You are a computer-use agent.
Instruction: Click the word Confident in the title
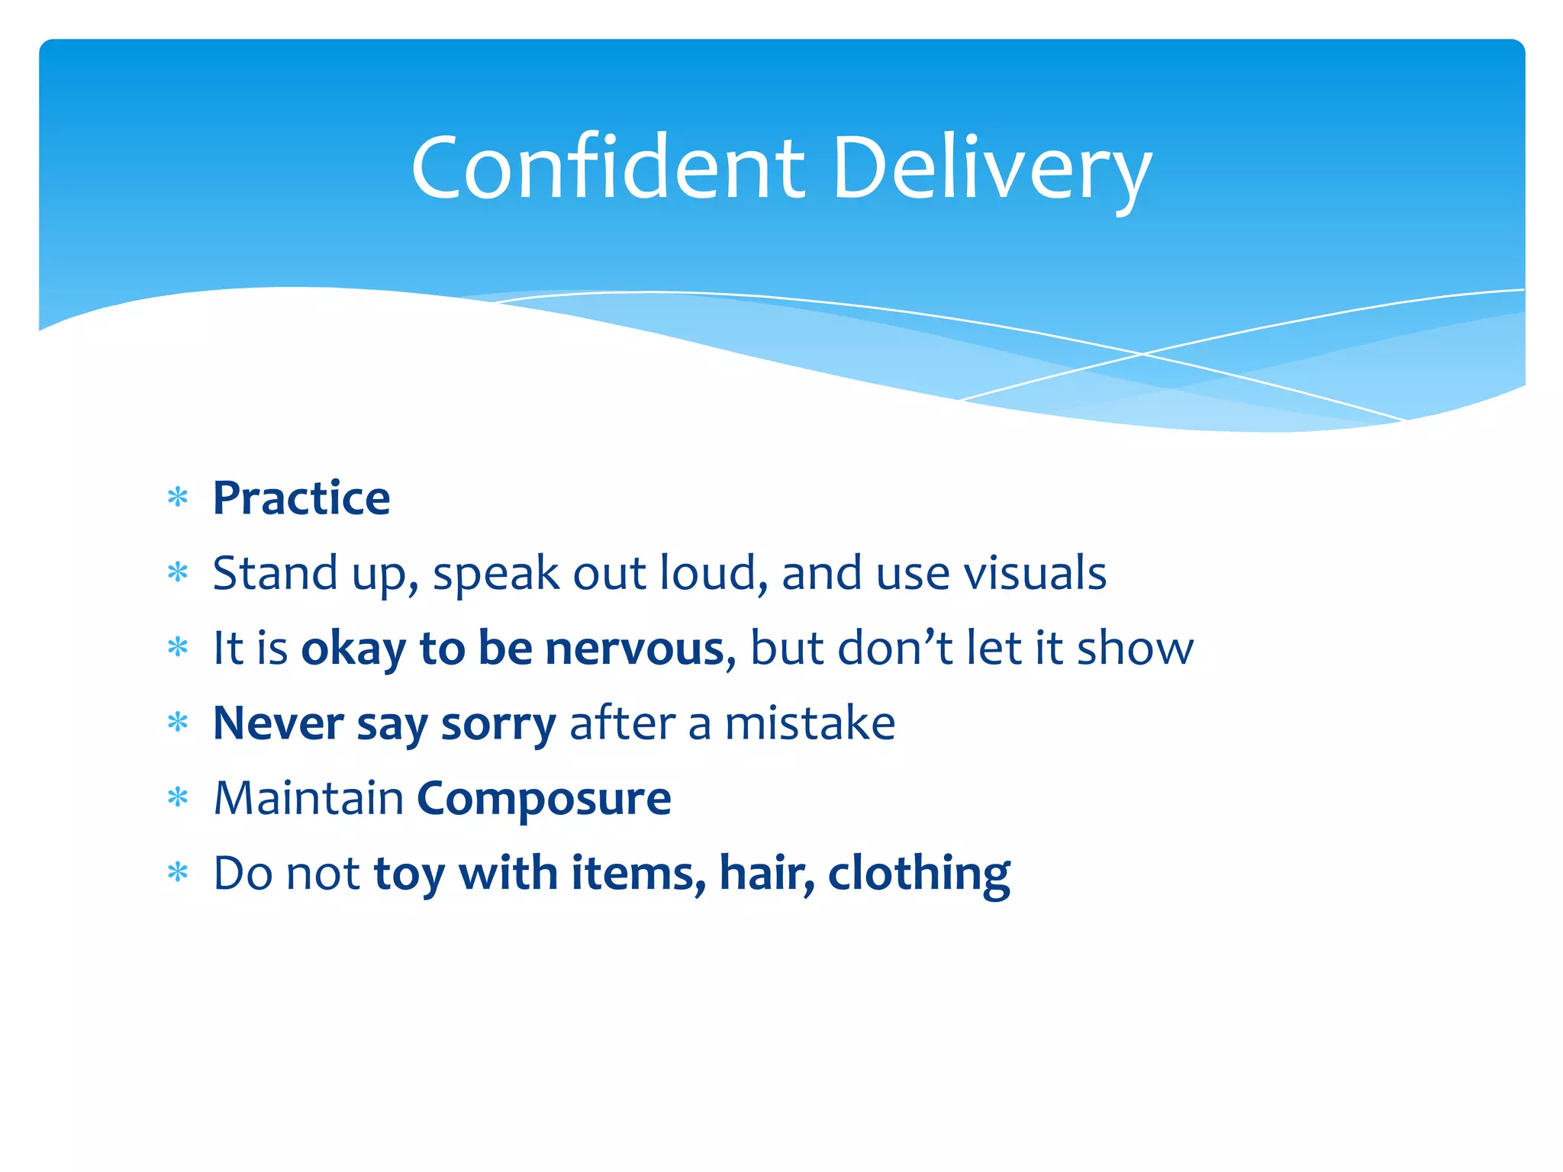pos(607,168)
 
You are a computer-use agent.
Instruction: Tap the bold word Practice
pos(301,498)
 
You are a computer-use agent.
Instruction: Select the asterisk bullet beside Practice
pos(178,498)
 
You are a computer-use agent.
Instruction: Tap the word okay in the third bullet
pos(353,649)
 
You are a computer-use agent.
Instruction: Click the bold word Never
pos(278,723)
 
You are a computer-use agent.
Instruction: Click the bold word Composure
pos(543,799)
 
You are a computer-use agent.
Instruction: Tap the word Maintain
pos(308,799)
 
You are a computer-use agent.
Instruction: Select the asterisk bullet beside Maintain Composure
pos(178,799)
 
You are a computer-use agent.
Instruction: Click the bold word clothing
pos(919,874)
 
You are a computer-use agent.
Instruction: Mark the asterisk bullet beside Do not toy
pos(178,873)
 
